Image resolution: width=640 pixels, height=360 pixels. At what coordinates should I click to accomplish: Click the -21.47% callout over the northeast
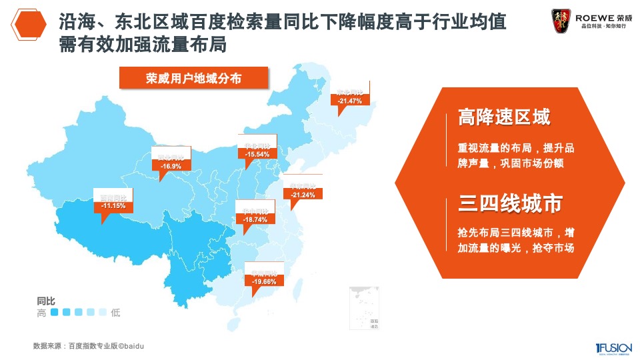pyautogui.click(x=349, y=101)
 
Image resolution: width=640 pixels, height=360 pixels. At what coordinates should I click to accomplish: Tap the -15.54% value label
pyautogui.click(x=257, y=154)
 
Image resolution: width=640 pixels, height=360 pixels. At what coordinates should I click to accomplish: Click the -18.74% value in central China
pyautogui.click(x=255, y=219)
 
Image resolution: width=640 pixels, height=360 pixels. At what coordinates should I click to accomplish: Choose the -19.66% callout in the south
pyautogui.click(x=265, y=282)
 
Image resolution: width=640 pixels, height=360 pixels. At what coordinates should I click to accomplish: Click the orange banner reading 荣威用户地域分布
pyautogui.click(x=193, y=78)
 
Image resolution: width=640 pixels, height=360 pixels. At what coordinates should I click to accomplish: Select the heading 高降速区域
pyautogui.click(x=504, y=118)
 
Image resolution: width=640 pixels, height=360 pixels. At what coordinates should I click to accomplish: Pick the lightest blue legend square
pyautogui.click(x=103, y=312)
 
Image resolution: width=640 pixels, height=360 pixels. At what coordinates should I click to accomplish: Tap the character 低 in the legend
pyautogui.click(x=116, y=313)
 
